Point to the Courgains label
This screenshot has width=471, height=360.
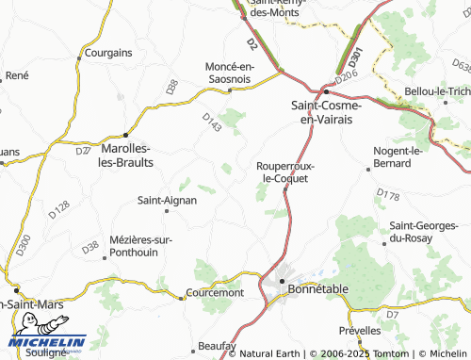tap(107, 54)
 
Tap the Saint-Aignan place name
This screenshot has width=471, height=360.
tap(167, 200)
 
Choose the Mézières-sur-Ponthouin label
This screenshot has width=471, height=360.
tap(140, 247)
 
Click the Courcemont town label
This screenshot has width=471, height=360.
tap(216, 293)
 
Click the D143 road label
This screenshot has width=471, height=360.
tap(212, 122)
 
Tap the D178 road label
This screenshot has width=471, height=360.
tap(388, 195)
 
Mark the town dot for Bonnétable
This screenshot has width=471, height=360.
tap(282, 281)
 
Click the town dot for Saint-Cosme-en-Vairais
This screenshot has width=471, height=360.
tap(326, 91)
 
